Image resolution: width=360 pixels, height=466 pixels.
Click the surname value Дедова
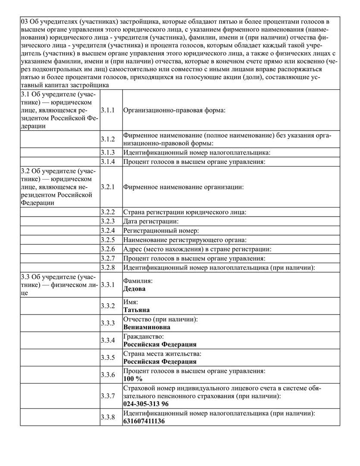pyautogui.click(x=135, y=289)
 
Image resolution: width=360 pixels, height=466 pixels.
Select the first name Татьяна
pyautogui.click(x=137, y=310)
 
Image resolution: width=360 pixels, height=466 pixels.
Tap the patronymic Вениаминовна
pyautogui.click(x=147, y=327)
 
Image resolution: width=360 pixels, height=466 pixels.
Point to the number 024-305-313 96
pyautogui.click(x=146, y=404)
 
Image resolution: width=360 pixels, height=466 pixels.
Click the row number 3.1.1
pyautogui.click(x=108, y=110)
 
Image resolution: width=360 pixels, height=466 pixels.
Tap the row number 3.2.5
pyautogui.click(x=108, y=240)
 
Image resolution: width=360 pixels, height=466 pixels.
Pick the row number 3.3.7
pyautogui.click(x=108, y=396)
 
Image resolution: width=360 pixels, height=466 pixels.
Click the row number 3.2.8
pyautogui.click(x=108, y=268)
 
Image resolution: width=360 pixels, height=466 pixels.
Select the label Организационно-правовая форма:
pyautogui.click(x=175, y=110)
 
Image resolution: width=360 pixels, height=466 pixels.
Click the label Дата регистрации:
pyautogui.click(x=150, y=221)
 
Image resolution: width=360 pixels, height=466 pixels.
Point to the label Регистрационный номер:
pyautogui.click(x=161, y=231)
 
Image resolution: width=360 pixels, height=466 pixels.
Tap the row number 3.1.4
pyautogui.click(x=108, y=162)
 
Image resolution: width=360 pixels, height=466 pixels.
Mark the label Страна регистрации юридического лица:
pyautogui.click(x=185, y=212)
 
